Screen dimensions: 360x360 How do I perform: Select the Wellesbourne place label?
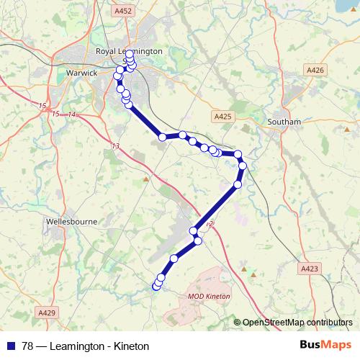coord(71,222)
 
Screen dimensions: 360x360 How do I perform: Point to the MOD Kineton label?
coord(207,296)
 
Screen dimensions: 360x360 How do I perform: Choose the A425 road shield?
coord(222,115)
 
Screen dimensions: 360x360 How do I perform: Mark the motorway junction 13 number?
coord(116,146)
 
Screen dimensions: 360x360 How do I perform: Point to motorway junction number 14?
coord(71,115)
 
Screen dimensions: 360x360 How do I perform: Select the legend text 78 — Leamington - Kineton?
coord(85,346)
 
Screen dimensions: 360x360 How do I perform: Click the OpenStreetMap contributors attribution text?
coord(298,322)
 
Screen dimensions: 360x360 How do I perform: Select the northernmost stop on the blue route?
coord(130,54)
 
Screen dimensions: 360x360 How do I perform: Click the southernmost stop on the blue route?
coord(156,287)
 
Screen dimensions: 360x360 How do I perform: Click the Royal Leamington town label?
coord(130,52)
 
